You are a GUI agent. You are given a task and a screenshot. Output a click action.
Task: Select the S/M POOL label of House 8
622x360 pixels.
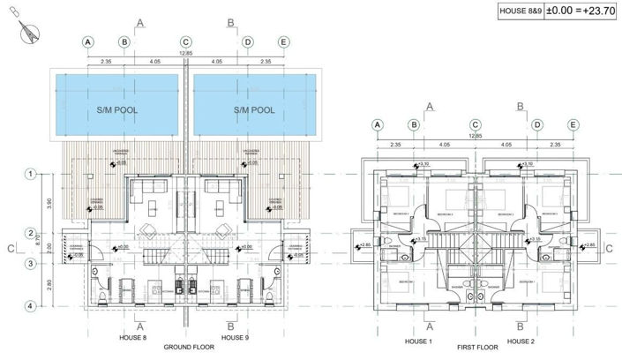[118, 111]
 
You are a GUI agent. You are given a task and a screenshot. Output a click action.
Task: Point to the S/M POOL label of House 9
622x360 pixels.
[253, 111]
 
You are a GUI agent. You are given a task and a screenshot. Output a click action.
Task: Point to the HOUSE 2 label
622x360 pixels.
[521, 341]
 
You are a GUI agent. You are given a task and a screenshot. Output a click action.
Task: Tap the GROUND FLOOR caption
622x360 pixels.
[185, 347]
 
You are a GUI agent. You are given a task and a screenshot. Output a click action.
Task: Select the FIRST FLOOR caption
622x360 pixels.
[475, 349]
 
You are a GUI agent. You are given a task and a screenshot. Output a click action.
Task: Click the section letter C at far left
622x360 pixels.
[10, 250]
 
